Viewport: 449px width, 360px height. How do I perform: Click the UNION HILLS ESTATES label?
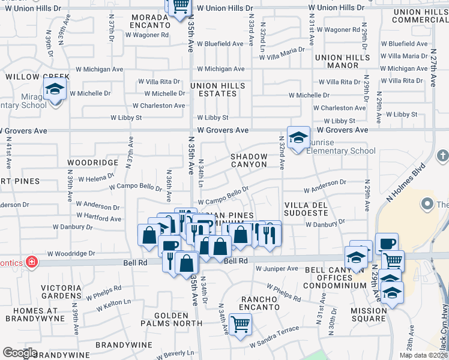tap(217, 90)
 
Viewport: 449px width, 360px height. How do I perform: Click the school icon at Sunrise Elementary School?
tap(298, 137)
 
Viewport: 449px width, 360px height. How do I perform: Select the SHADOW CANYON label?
tap(249, 160)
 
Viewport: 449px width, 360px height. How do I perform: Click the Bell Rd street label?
tap(236, 261)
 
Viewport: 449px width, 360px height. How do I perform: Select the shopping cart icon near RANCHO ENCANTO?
tap(240, 325)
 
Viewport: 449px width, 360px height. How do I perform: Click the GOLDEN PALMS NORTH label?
tap(178, 319)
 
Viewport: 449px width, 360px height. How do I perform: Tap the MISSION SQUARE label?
tap(369, 315)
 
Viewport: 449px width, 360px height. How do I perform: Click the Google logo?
tap(19, 353)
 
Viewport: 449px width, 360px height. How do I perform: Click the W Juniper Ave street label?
tap(277, 269)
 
